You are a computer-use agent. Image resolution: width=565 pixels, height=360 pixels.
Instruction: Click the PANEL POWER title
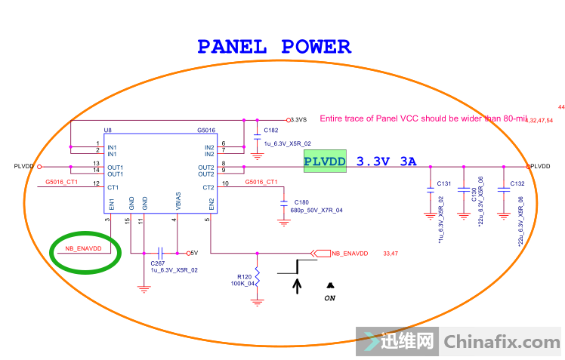click(274, 47)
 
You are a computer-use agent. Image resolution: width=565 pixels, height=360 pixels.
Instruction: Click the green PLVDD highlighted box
click(325, 161)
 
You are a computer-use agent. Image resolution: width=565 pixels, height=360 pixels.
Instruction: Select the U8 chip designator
click(108, 131)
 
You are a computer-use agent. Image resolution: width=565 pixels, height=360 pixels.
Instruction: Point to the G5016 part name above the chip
click(207, 131)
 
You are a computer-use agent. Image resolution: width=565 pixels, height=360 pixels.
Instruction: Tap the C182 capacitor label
click(271, 131)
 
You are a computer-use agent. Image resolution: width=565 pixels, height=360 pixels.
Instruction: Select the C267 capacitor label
click(158, 262)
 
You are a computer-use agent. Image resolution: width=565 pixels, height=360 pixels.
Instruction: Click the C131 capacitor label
click(443, 183)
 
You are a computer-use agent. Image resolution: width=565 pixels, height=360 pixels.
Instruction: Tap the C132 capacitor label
click(517, 183)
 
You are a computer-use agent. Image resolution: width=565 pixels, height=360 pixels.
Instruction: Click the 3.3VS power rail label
click(299, 119)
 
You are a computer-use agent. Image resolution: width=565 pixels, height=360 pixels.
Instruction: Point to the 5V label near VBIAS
click(193, 253)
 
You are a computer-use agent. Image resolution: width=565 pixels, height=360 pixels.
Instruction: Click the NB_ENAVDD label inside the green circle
click(83, 248)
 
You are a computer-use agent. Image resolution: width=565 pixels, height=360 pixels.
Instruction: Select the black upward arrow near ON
click(297, 285)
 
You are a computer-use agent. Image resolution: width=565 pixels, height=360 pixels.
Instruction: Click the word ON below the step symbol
click(330, 297)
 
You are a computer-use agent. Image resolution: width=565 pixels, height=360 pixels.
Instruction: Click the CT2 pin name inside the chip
click(209, 187)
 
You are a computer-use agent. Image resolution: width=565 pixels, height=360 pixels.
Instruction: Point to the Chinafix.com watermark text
click(502, 342)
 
